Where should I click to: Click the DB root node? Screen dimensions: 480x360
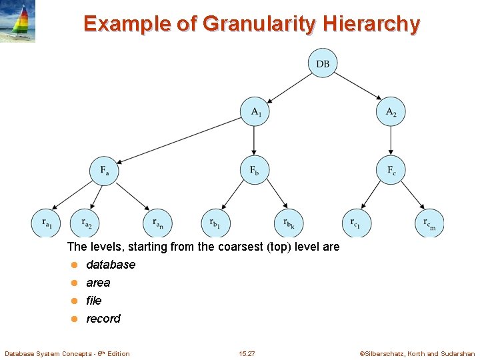pyautogui.click(x=323, y=64)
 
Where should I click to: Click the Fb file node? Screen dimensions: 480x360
pyautogui.click(x=255, y=171)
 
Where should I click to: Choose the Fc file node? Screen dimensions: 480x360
pyautogui.click(x=391, y=171)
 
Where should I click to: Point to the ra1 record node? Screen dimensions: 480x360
pyautogui.click(x=45, y=223)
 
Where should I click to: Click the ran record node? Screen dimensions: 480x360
pyautogui.click(x=157, y=223)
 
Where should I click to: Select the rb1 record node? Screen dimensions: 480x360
pyautogui.click(x=215, y=223)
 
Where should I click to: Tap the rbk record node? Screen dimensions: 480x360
pyautogui.click(x=289, y=223)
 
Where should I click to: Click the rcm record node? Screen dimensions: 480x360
pyautogui.click(x=430, y=223)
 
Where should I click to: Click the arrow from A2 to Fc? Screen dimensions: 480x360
pyautogui.click(x=391, y=141)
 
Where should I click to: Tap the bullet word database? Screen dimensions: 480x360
pyautogui.click(x=111, y=265)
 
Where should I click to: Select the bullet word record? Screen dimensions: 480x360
pyautogui.click(x=103, y=319)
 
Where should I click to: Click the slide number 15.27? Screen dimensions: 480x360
pyautogui.click(x=246, y=353)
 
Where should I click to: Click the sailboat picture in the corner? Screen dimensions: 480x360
pyautogui.click(x=18, y=21)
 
